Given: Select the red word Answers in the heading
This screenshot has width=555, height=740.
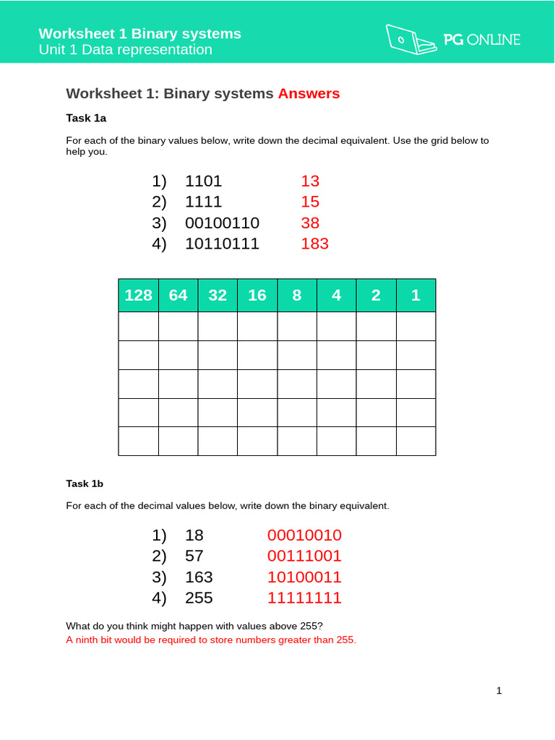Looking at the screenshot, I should point(309,93).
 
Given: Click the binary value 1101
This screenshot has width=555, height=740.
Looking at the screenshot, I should point(204,181).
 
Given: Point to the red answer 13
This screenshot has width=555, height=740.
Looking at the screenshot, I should point(310,181).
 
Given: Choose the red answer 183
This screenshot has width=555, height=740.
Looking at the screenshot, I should point(314,244).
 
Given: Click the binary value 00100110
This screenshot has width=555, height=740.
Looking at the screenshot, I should point(222,223).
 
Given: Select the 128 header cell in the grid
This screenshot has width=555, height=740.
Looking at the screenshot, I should point(139,295).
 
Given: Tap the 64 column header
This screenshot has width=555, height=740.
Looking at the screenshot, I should point(178,295).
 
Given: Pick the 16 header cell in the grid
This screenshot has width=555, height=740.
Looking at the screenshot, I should point(257,295).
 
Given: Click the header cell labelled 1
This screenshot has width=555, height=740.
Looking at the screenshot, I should point(416,295).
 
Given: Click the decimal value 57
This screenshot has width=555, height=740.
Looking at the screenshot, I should point(194,556).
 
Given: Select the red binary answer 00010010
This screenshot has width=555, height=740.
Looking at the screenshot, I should point(304,535).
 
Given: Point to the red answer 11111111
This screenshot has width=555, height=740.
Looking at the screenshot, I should point(304,598).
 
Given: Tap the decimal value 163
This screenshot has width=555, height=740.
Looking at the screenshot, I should point(199,577).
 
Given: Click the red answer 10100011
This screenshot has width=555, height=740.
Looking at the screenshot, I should point(304,577).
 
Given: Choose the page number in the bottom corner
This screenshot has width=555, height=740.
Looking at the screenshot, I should point(499,691).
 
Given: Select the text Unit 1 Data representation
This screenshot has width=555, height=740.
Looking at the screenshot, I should point(126,50).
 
